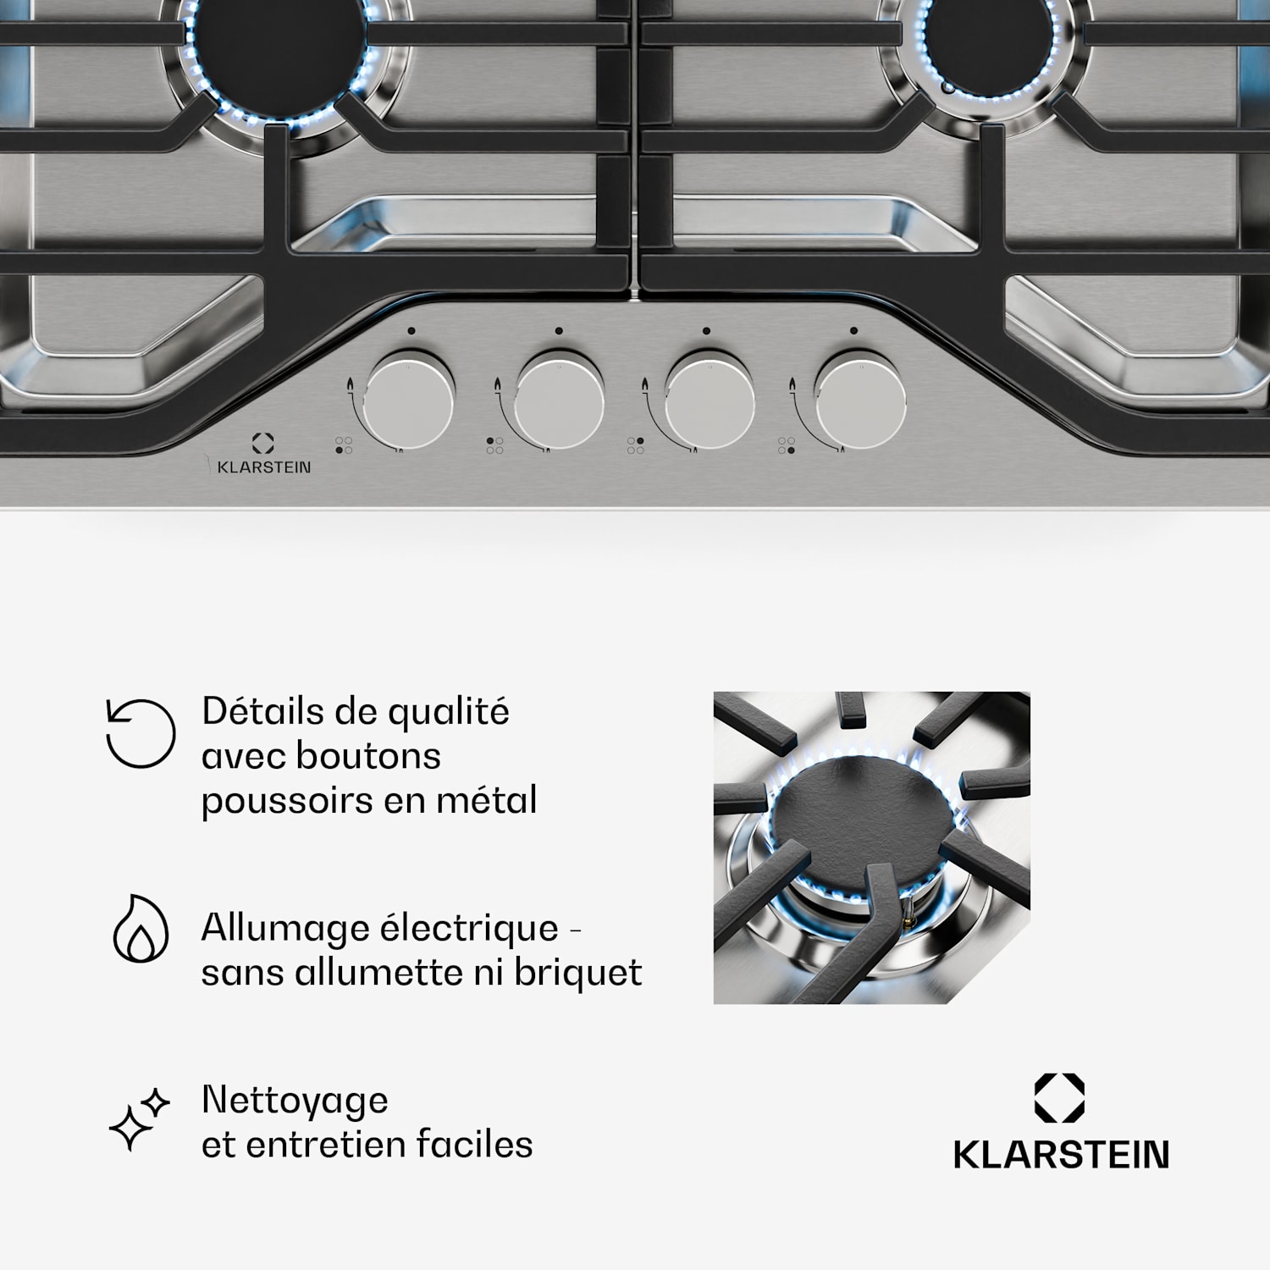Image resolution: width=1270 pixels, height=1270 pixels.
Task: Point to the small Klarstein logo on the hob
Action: coord(263,454)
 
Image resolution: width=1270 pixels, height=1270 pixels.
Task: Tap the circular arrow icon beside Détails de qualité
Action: coord(141,733)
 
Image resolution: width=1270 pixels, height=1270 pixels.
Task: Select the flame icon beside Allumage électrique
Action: coord(141,928)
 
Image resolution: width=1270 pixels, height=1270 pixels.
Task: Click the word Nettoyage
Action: coord(295,1102)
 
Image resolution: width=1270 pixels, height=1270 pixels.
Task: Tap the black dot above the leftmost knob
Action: coord(411,331)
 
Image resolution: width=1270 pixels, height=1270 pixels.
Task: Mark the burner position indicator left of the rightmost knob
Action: coord(787,445)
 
